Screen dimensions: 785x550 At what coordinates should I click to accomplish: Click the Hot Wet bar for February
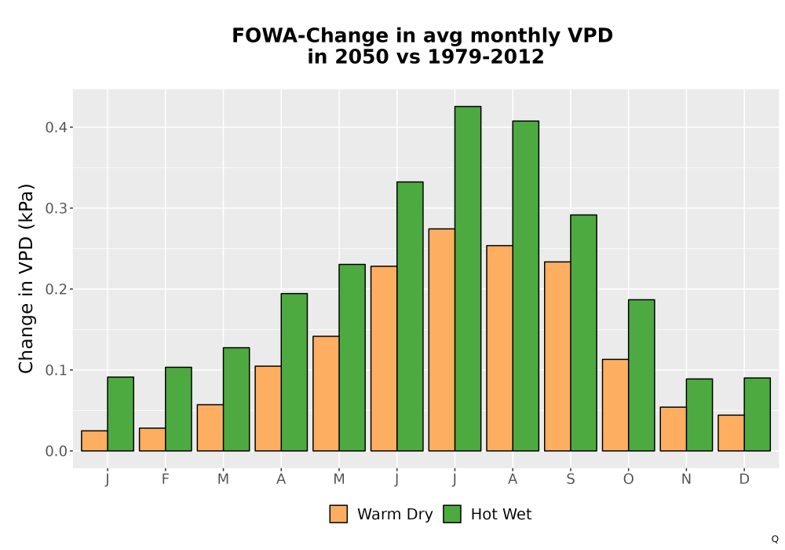[178, 409]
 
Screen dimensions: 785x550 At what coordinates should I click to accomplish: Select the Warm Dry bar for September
[557, 356]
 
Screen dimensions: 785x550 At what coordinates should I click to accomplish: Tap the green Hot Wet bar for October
[641, 376]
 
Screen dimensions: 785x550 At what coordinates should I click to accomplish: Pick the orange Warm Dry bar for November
[673, 429]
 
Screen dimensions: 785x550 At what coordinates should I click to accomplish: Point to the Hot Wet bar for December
[757, 414]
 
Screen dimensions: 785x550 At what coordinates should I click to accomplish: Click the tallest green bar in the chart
[468, 278]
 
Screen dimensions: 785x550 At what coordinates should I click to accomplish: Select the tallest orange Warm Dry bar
[441, 339]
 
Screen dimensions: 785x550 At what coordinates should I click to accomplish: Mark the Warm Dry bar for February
[152, 439]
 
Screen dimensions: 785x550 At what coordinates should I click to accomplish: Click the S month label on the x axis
[570, 479]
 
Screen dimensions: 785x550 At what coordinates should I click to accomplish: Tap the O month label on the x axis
[628, 479]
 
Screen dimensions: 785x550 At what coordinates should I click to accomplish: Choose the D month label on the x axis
[744, 479]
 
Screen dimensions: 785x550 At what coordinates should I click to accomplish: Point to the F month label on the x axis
[165, 479]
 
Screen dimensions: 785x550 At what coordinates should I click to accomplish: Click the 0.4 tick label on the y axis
[56, 127]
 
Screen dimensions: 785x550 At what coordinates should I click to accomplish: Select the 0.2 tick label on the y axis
[56, 289]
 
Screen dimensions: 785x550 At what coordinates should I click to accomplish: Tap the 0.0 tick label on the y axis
[56, 451]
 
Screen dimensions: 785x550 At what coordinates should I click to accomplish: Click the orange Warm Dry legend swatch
[338, 514]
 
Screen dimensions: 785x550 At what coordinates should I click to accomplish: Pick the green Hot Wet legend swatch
[452, 514]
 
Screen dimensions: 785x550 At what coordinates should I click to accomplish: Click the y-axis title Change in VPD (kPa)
[26, 279]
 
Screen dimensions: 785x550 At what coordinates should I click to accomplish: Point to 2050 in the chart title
[362, 57]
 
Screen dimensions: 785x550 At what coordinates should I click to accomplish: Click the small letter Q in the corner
[775, 539]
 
